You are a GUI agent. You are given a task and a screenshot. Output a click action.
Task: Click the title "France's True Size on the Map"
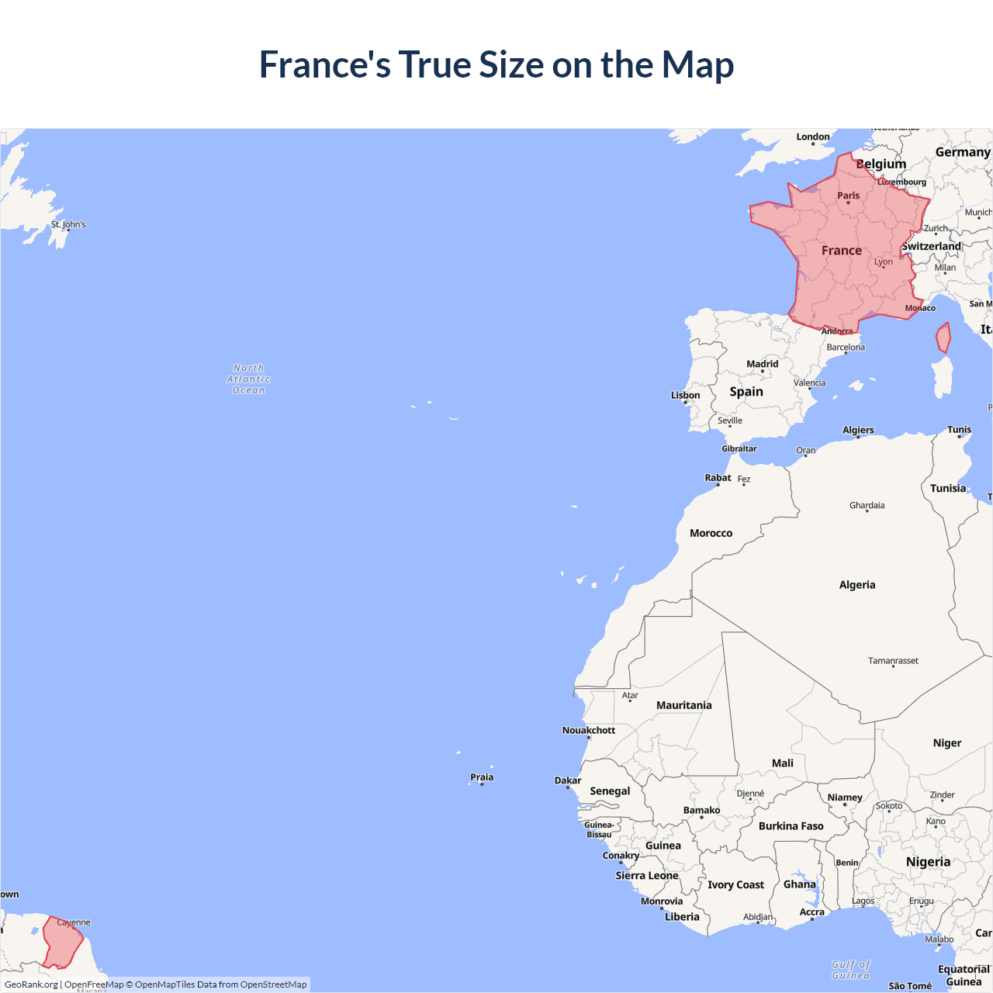point(496,64)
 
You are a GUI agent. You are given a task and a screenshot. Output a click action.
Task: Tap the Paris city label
point(848,195)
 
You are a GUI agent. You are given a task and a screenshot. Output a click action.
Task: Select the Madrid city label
point(762,364)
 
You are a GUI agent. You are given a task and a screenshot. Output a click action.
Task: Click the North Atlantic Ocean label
point(248,379)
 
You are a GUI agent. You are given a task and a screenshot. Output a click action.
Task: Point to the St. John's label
point(68,224)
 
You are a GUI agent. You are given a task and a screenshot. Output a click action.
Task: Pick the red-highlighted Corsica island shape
point(943,338)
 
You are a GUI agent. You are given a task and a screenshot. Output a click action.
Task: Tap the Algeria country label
point(856,585)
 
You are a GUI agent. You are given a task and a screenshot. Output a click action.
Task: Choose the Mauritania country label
point(683,705)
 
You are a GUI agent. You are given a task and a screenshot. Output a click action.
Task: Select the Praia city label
point(482,777)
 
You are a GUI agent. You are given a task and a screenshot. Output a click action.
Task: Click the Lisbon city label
point(685,395)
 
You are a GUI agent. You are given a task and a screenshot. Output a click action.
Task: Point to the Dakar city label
point(568,780)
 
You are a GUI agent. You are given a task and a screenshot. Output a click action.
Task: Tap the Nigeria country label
point(928,862)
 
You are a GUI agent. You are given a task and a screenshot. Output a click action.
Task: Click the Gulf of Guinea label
point(851,970)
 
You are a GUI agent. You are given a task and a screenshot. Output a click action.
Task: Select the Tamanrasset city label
point(893,661)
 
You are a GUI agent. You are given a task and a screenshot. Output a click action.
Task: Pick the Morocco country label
point(711,533)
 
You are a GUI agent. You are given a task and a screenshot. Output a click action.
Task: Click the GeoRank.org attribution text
point(31,984)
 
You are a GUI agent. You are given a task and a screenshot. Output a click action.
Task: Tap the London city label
point(813,137)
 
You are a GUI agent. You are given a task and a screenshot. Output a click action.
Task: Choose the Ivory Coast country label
point(735,884)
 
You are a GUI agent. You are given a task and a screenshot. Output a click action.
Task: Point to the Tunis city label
point(959,429)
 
